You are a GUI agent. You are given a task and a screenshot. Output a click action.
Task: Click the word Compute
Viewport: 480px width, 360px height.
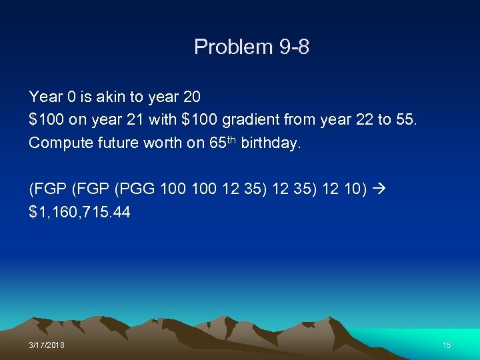click(x=59, y=143)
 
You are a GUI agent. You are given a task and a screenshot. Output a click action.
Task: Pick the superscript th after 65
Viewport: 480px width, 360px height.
click(x=229, y=139)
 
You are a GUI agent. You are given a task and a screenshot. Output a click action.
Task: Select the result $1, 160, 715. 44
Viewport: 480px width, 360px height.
click(x=79, y=213)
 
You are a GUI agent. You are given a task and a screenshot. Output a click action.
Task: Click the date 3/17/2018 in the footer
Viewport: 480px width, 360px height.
click(x=47, y=345)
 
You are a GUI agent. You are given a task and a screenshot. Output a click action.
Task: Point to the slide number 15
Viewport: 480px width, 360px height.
click(x=447, y=345)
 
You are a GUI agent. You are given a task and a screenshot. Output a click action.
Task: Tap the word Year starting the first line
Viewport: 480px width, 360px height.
click(x=45, y=97)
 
